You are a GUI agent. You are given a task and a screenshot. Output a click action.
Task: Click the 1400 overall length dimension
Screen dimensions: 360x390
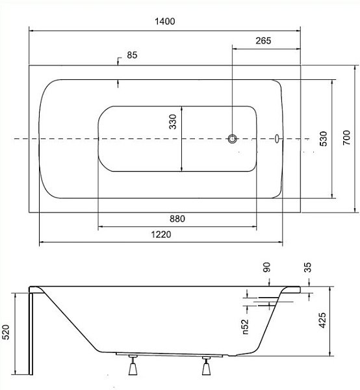(x=165, y=21)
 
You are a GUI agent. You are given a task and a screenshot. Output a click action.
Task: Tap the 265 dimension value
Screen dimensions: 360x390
(x=263, y=40)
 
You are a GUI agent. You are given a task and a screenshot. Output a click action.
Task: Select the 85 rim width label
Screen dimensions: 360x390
(x=132, y=55)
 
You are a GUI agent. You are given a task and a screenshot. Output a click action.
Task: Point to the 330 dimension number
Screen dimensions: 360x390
(x=173, y=122)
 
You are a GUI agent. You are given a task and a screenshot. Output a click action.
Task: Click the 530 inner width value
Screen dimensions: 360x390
(x=324, y=138)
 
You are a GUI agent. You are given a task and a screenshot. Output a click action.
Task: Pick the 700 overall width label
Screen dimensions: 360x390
(x=346, y=138)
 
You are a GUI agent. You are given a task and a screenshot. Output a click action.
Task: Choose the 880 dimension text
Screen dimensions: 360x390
(x=177, y=219)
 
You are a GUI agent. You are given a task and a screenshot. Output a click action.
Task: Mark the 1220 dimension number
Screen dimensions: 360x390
(x=161, y=235)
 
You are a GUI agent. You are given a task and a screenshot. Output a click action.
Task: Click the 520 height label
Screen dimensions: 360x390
(x=6, y=332)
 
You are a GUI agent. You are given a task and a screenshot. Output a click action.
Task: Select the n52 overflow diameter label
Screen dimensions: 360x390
(x=245, y=326)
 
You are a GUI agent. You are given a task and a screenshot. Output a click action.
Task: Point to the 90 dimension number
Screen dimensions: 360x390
(x=266, y=267)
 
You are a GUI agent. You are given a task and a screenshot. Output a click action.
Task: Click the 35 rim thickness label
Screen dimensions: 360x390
(x=307, y=267)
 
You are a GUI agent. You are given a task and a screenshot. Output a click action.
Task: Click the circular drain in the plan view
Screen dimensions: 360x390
(x=232, y=139)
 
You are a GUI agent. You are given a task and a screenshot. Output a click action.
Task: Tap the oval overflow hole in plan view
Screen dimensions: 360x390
(x=277, y=138)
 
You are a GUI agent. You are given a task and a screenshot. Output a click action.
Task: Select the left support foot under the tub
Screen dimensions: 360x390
(x=133, y=365)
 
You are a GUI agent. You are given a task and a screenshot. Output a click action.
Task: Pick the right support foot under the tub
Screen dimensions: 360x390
(x=207, y=365)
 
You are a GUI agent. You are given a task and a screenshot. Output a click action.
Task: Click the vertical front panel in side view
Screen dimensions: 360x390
(x=31, y=331)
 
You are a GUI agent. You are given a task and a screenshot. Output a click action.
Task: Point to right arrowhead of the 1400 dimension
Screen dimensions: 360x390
(x=298, y=31)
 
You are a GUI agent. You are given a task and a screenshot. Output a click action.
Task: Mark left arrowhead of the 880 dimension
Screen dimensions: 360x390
(x=101, y=227)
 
